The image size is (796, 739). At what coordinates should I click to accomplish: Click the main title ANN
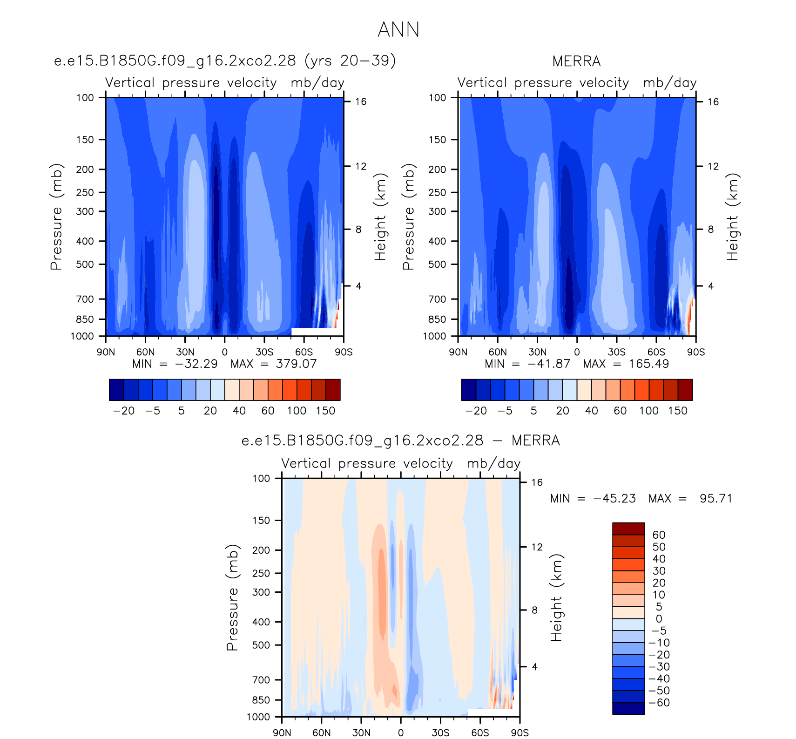coord(398,29)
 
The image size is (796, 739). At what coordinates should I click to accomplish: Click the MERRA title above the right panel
coord(576,61)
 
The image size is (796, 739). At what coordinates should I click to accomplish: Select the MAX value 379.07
coord(296,364)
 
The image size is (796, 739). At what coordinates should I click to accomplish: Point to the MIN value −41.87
coord(549,364)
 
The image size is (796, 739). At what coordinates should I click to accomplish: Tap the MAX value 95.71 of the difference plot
coord(716,498)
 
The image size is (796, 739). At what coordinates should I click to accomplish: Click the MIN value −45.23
coord(614,498)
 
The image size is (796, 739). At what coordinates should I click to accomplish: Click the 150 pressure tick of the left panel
coord(85,140)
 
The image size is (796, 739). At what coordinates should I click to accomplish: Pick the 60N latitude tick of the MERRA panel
coord(498,352)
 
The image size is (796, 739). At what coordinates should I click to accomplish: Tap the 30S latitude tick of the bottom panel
coord(440,732)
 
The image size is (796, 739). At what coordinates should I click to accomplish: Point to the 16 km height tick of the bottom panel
coord(537,482)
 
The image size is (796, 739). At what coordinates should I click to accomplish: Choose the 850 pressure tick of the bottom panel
coord(261,700)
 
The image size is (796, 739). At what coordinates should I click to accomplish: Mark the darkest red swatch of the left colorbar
coord(333,390)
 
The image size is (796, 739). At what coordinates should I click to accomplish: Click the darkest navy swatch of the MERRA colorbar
coord(469,390)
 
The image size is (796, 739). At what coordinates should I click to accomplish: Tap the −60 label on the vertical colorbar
coord(659,703)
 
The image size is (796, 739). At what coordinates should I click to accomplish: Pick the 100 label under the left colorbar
coord(297,411)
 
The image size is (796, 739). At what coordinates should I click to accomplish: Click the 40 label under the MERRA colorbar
coord(591,411)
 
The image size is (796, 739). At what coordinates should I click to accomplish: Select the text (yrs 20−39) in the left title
coord(350,61)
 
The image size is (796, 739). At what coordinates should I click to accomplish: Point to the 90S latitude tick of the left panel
coord(344,352)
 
